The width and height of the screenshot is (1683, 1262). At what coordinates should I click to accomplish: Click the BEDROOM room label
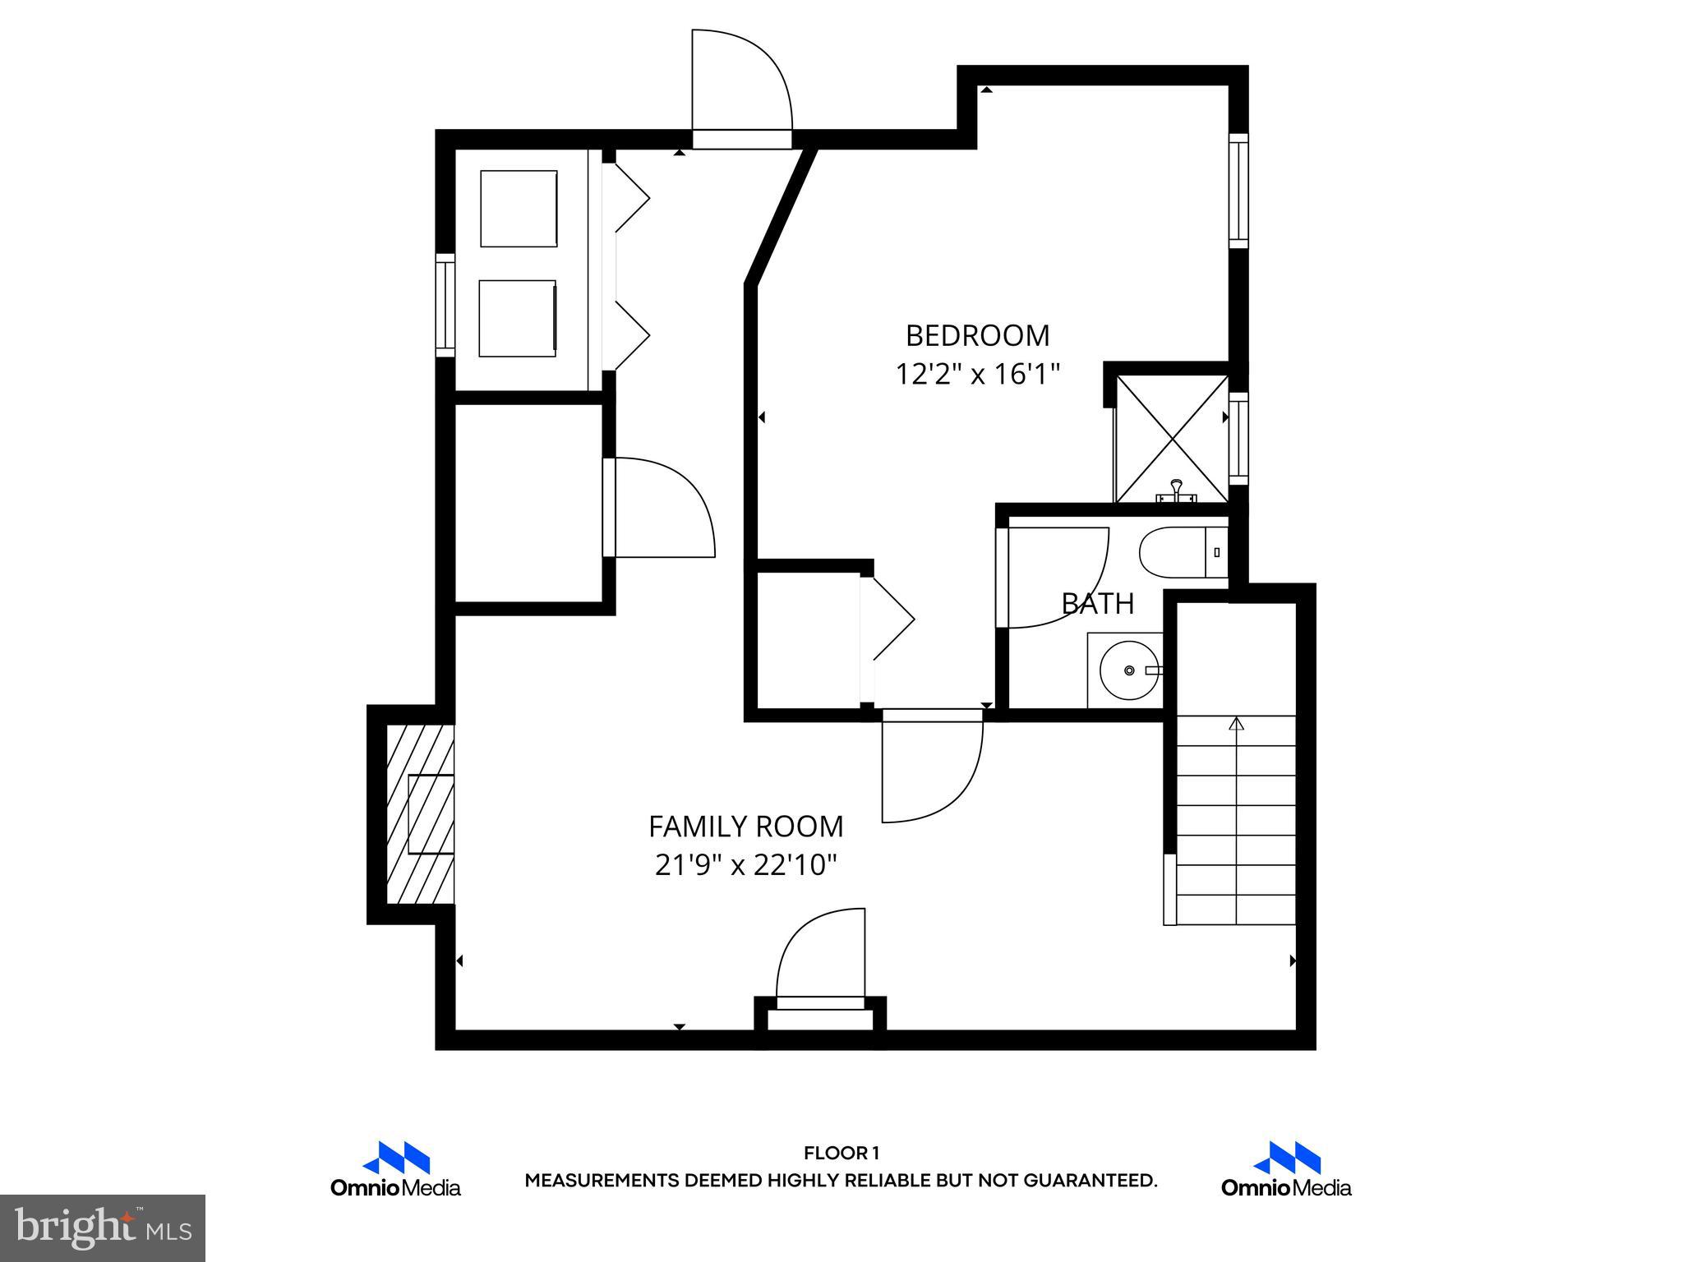(977, 336)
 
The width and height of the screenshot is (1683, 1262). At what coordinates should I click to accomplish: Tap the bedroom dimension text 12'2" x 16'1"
(977, 375)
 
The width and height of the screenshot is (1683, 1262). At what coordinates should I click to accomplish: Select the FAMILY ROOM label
(745, 827)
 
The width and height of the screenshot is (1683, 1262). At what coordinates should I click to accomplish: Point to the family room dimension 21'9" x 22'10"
(745, 865)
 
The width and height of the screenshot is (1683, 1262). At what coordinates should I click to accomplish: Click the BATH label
(1097, 604)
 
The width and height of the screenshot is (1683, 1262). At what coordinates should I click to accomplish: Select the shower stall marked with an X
(1171, 438)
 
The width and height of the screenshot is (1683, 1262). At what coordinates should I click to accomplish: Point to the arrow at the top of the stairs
(1236, 724)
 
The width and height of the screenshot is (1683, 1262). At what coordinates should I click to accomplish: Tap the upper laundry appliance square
(519, 209)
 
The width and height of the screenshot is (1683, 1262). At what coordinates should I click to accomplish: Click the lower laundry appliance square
(518, 319)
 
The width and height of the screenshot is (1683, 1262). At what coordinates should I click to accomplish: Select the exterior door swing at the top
(740, 82)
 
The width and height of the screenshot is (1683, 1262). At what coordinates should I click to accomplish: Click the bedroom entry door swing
(932, 771)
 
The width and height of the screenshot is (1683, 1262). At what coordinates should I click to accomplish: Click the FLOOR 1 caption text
(841, 1154)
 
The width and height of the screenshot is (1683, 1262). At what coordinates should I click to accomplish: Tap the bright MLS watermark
(103, 1228)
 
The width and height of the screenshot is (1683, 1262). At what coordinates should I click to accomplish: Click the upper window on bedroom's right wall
(1238, 191)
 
